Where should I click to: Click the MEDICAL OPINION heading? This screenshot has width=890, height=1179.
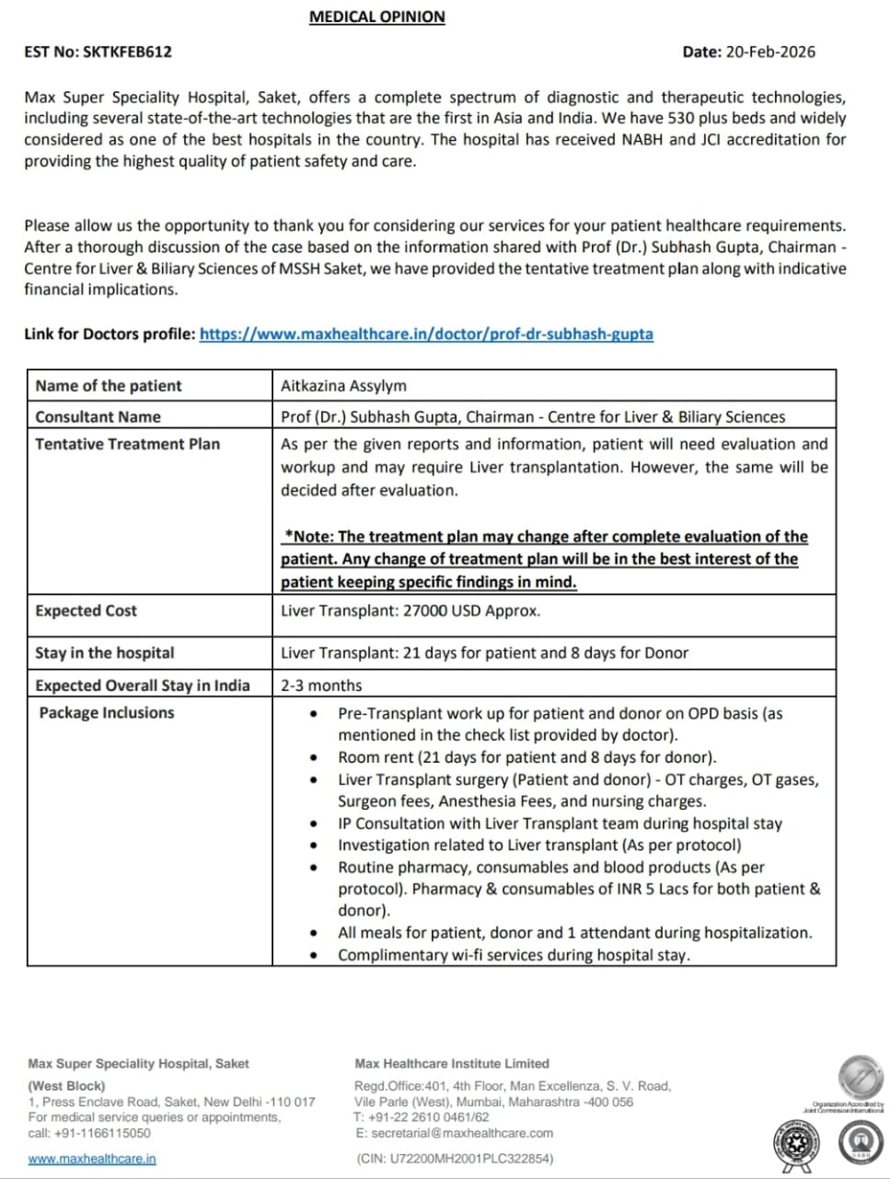click(x=376, y=17)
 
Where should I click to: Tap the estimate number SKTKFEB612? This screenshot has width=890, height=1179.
click(x=127, y=53)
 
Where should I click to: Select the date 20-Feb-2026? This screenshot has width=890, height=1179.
click(x=770, y=53)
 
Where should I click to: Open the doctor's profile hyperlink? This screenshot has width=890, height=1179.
click(x=426, y=333)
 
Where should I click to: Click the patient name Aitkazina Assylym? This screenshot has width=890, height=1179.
click(x=343, y=386)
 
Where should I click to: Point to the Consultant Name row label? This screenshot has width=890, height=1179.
click(x=98, y=416)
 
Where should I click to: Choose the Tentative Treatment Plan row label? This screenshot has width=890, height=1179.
click(x=127, y=444)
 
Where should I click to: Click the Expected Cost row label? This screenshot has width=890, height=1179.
click(x=86, y=611)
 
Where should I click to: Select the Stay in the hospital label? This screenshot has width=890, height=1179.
click(x=104, y=653)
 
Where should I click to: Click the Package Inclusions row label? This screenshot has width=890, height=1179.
click(x=106, y=713)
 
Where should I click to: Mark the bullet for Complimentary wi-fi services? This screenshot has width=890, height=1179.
click(x=316, y=955)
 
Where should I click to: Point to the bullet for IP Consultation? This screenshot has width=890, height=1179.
click(x=316, y=823)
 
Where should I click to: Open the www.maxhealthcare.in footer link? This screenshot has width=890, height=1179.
click(x=92, y=1159)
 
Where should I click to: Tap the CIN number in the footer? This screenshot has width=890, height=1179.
click(x=455, y=1159)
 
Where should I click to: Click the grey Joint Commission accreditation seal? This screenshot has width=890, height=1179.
click(x=860, y=1078)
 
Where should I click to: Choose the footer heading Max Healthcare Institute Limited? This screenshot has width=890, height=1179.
click(x=451, y=1063)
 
